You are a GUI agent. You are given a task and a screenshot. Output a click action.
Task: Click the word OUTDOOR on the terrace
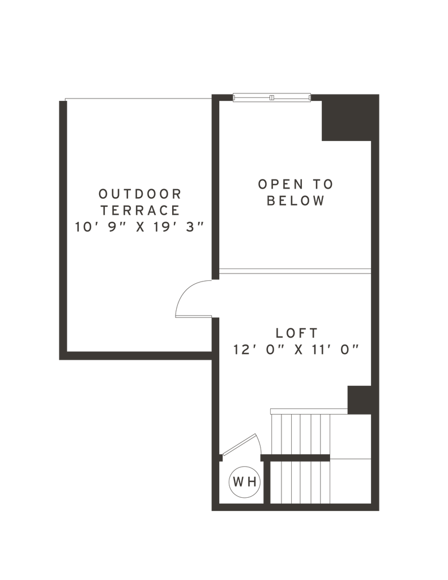click(x=140, y=194)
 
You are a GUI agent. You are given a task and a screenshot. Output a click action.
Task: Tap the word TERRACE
click(x=140, y=210)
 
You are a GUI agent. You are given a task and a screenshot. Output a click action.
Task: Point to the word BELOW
click(x=296, y=201)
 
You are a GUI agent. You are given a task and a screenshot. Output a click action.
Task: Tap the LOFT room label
click(x=296, y=332)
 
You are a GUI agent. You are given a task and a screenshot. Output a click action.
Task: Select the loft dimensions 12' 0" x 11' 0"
click(x=296, y=349)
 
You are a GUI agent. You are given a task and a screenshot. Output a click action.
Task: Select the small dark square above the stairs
click(x=357, y=399)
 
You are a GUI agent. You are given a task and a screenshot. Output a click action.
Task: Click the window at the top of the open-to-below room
click(x=272, y=97)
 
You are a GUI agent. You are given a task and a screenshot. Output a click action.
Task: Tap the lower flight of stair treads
click(x=300, y=481)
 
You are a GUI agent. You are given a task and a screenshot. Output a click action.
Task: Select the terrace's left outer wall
click(x=63, y=227)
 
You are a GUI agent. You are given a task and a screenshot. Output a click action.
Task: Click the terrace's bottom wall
click(x=136, y=355)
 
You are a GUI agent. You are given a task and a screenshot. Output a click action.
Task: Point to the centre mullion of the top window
click(x=272, y=97)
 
